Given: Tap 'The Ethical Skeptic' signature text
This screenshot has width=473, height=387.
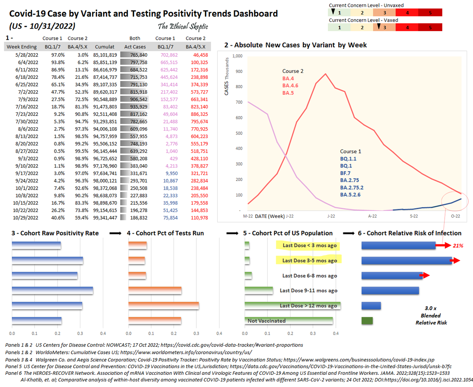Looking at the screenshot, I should tap(183, 26).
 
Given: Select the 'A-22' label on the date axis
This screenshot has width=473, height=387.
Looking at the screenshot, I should tap(372, 216).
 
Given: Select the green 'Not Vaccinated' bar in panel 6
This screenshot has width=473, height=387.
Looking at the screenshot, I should tap(367, 321).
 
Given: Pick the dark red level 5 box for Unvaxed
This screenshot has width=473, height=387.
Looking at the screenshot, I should tap(430, 13).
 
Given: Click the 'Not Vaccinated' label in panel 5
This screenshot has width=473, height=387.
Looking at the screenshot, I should tap(266, 321).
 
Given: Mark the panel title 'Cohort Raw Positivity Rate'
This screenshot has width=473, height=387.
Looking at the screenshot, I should tap(58, 233).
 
